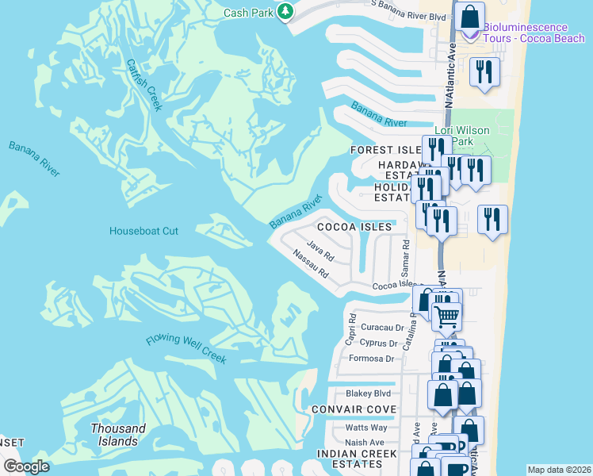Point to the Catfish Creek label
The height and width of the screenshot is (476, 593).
coord(143,84)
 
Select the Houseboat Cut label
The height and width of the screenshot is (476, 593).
coord(143,231)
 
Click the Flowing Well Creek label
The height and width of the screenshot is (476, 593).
coord(186,350)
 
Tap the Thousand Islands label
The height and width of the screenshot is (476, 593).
coord(118,435)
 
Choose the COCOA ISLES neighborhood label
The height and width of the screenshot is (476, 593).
coord(354,227)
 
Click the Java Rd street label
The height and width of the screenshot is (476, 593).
coord(321,252)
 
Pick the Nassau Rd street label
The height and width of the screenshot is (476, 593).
coord(310,266)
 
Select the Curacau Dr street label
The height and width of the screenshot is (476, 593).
coord(383,327)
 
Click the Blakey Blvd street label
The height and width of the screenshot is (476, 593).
coord(369,393)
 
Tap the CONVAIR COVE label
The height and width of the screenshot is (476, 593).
coord(354,409)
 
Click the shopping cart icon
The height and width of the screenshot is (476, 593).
coord(446,316)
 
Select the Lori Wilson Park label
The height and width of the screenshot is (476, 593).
coord(462,136)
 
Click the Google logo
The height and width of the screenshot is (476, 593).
coord(26,466)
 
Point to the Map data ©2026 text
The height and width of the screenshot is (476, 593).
coord(559,470)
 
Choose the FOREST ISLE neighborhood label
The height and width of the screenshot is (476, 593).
coord(386,150)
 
